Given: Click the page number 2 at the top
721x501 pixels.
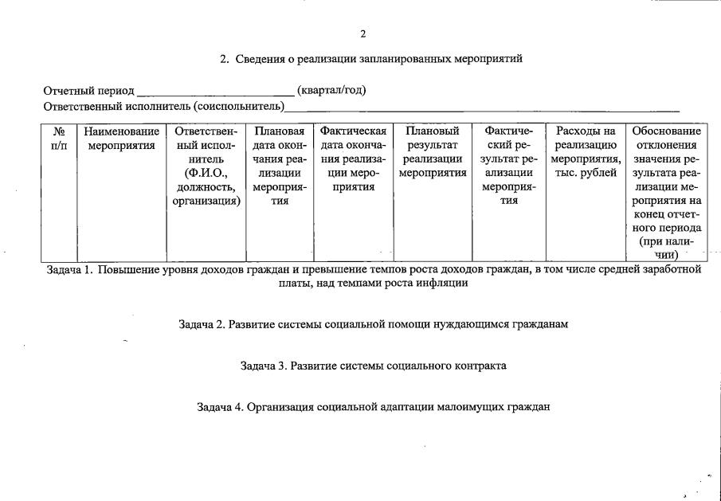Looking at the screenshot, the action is [363, 33].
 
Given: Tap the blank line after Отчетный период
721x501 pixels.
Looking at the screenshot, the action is [215, 92].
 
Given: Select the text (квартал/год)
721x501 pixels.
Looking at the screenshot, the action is [331, 89].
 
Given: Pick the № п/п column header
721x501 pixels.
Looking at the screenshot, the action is [59, 139].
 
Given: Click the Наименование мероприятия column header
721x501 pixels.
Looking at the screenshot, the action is [121, 139].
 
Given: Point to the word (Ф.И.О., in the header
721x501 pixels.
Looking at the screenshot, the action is [206, 173].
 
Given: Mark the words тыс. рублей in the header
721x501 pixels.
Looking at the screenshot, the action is [588, 173].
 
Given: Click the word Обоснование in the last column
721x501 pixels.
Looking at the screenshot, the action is [666, 131].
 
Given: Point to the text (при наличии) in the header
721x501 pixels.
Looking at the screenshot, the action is [666, 248].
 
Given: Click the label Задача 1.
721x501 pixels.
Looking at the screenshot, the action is [69, 269].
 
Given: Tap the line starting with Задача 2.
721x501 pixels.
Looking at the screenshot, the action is [373, 325].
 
